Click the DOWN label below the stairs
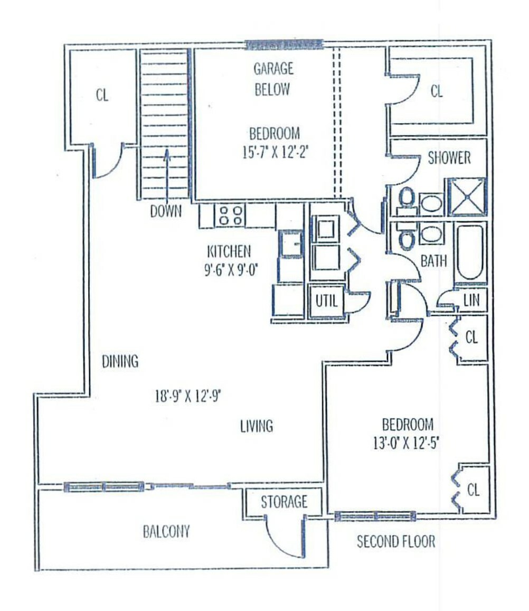166,211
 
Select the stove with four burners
230,215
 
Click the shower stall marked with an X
467,197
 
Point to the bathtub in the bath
470,253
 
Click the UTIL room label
326,301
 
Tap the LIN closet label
471,300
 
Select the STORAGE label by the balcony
284,502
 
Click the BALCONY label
166,531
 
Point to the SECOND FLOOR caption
396,541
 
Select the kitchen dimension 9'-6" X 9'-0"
232,270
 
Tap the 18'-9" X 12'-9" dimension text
188,396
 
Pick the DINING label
120,362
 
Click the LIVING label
257,426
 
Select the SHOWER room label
449,158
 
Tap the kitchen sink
290,244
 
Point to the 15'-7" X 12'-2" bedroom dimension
275,152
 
